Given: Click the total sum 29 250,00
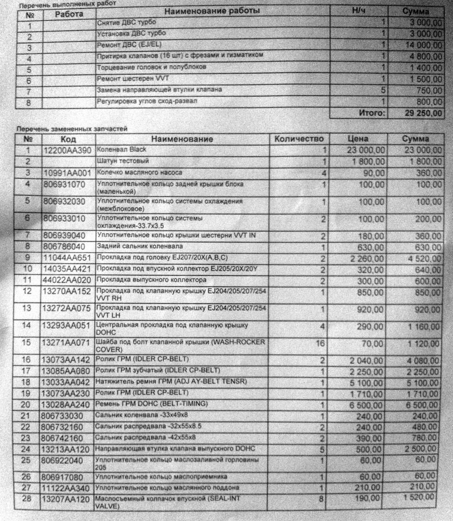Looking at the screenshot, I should pyautogui.click(x=423, y=113).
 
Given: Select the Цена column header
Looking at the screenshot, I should pyautogui.click(x=357, y=139).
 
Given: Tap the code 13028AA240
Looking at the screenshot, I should pyautogui.click(x=67, y=404).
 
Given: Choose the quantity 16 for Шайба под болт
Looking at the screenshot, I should pyautogui.click(x=320, y=344).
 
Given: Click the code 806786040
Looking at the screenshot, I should pyautogui.click(x=63, y=246).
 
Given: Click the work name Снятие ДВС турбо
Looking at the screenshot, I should pyautogui.click(x=120, y=22).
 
